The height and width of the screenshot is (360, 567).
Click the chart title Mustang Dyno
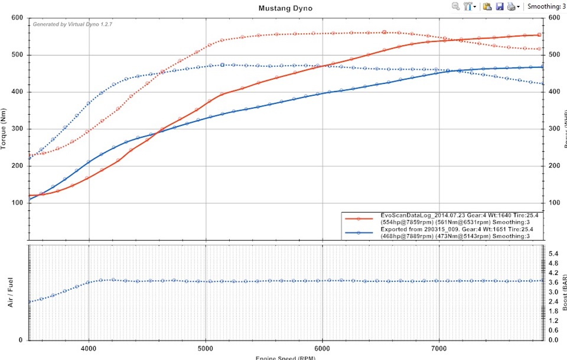285,8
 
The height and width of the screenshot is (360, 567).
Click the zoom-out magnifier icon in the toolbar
456,7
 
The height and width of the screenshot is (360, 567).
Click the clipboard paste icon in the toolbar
487,7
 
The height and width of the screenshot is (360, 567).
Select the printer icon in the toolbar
511,7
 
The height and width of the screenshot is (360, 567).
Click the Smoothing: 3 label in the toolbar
546,7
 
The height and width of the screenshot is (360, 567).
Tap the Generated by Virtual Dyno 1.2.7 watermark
72,25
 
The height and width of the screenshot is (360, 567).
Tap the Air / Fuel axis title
9,294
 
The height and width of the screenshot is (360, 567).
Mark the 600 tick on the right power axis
553,18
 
